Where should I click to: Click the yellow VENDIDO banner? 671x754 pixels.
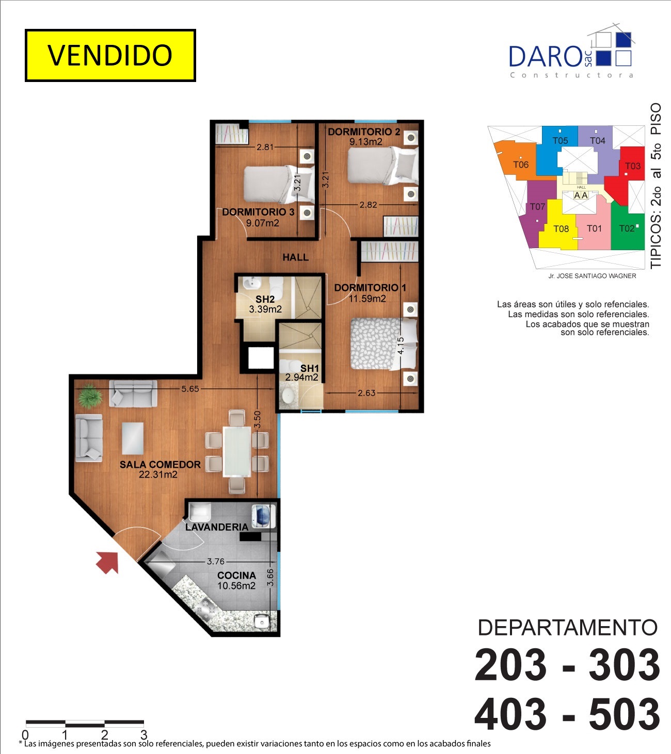coord(110,55)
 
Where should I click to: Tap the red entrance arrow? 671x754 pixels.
coord(108,562)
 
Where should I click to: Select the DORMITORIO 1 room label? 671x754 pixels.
coord(370,288)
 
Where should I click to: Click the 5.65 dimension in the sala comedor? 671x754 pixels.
coord(190,389)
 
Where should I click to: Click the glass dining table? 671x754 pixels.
coord(237,451)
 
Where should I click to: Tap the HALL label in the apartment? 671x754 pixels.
coord(295,257)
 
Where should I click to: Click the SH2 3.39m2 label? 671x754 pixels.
coord(265,304)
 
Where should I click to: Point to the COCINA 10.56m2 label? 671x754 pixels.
coord(236,581)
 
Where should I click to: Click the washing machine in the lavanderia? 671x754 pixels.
coord(264,517)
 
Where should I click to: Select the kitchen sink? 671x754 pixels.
coord(262,621)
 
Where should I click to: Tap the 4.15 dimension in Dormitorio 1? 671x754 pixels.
coord(401,346)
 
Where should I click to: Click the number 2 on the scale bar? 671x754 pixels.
coord(104,734)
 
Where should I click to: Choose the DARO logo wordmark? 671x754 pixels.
coord(545,57)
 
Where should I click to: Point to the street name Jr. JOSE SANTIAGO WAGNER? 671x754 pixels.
coord(592,276)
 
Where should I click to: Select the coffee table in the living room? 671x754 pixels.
coord(133,438)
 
